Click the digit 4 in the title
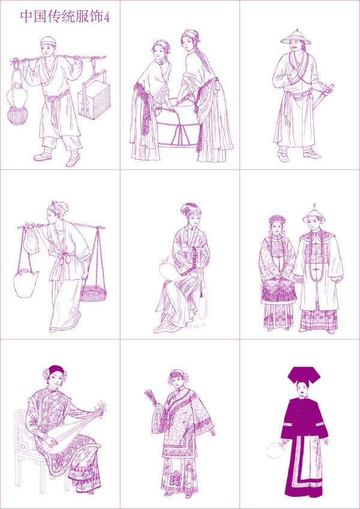click(x=107, y=18)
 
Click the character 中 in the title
click(x=26, y=17)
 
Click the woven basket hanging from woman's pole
click(x=93, y=293)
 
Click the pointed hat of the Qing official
click(x=313, y=214)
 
